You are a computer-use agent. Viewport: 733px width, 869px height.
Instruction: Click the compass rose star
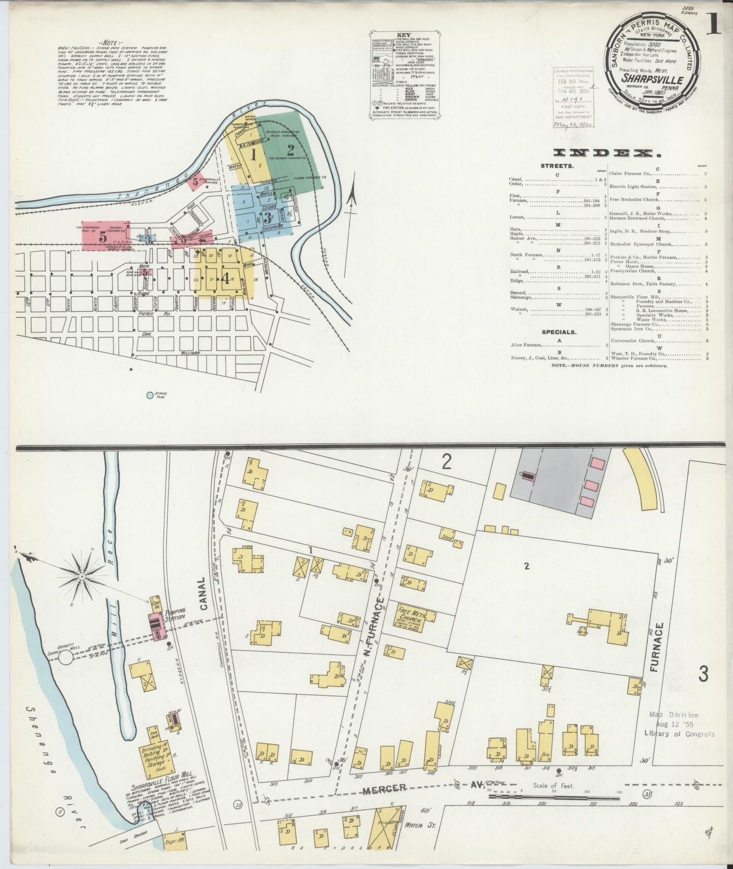pyautogui.click(x=82, y=577)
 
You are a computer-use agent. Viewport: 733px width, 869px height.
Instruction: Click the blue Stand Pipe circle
pyautogui.click(x=150, y=395)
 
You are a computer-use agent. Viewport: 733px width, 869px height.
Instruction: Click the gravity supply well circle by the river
pyautogui.click(x=65, y=658)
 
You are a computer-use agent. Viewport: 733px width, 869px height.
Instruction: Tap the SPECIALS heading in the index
pyautogui.click(x=559, y=333)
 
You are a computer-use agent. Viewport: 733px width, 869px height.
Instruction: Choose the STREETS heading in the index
pyautogui.click(x=557, y=166)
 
